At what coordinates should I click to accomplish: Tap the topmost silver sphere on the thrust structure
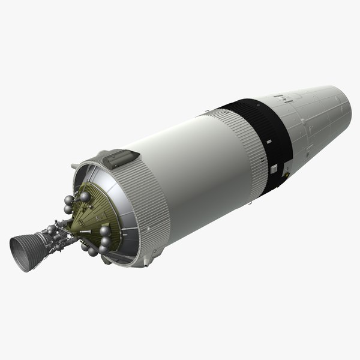[x=86, y=196]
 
